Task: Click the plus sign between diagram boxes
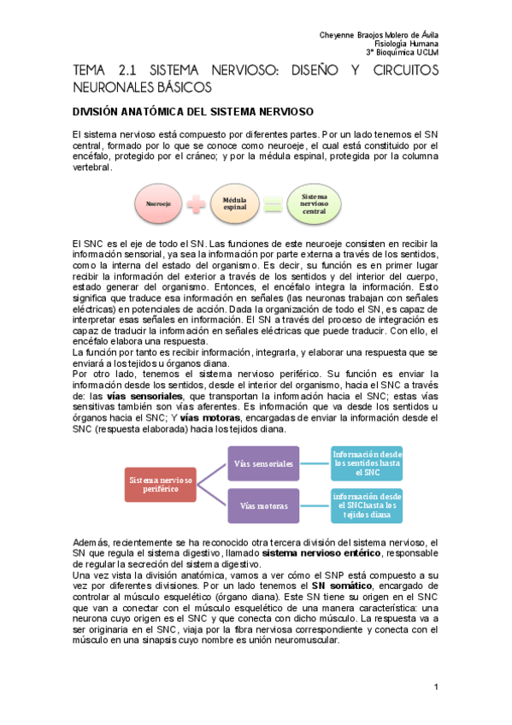point(195,205)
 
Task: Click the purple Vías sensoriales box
point(266,463)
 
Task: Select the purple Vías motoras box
point(266,506)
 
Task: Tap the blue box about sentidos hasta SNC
point(368,463)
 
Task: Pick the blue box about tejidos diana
point(368,506)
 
